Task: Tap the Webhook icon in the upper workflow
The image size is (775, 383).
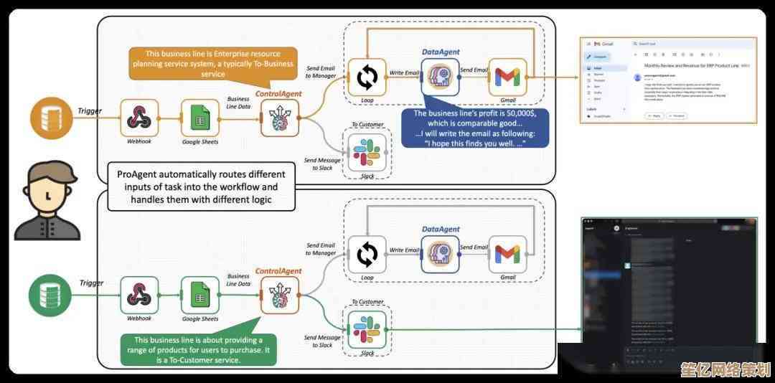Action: click(138, 118)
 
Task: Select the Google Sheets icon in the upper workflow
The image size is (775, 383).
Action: click(199, 118)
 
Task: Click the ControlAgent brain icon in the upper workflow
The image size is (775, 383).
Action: click(280, 118)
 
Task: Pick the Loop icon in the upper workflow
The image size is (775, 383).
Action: click(367, 77)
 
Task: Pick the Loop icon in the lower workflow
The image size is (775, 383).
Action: click(367, 254)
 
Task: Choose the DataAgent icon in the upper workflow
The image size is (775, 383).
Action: click(440, 77)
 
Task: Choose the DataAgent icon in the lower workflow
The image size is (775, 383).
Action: click(440, 254)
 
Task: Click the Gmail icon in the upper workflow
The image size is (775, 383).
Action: click(507, 77)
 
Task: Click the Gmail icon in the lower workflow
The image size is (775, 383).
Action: click(507, 254)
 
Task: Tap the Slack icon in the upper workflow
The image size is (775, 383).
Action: click(367, 151)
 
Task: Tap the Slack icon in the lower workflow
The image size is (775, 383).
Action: click(367, 329)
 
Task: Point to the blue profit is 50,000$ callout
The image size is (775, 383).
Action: click(474, 128)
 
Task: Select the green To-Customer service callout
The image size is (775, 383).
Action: click(199, 349)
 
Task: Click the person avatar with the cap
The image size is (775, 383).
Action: click(47, 200)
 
